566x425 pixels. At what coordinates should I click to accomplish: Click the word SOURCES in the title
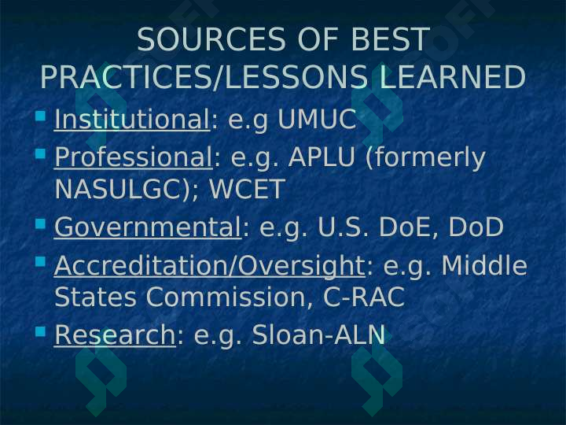211,39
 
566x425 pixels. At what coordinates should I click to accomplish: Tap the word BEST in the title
389,39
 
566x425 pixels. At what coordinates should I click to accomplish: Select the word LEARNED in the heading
453,76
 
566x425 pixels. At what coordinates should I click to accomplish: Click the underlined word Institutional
132,120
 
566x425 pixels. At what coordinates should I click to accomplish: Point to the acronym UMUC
317,120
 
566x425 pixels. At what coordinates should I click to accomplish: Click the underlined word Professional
133,157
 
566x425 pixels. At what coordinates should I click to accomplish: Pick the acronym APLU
322,157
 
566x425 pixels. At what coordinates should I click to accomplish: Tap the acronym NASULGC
116,189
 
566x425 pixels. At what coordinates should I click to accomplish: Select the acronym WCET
247,189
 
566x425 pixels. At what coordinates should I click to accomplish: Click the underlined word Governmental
148,227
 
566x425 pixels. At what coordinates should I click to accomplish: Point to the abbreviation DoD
476,227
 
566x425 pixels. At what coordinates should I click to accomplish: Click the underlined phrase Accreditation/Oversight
209,266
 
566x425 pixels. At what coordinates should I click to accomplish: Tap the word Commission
226,297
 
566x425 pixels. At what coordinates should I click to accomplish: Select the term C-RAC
363,297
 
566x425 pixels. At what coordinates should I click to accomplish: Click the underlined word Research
115,334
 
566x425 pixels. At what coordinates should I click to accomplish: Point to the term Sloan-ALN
318,334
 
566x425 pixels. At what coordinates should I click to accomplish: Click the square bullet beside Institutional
41,116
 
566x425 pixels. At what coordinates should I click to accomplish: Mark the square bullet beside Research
41,331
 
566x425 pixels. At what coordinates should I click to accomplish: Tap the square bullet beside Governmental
41,224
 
